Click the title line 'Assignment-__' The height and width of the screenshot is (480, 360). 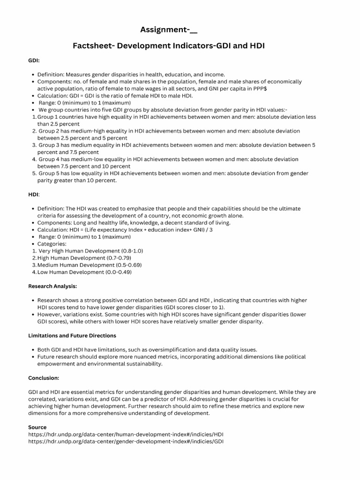point(169,30)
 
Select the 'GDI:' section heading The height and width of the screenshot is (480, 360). point(34,60)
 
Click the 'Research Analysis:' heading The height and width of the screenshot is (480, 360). point(52,286)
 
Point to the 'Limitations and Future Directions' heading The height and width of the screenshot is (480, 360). point(72,336)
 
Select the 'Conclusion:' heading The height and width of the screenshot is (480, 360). point(44,378)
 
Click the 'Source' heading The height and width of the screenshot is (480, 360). point(37,427)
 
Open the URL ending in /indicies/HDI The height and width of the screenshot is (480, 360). point(126,434)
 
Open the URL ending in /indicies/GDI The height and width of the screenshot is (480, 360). point(126,441)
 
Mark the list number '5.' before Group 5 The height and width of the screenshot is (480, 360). point(34,173)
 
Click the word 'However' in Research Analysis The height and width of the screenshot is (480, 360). point(50,315)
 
